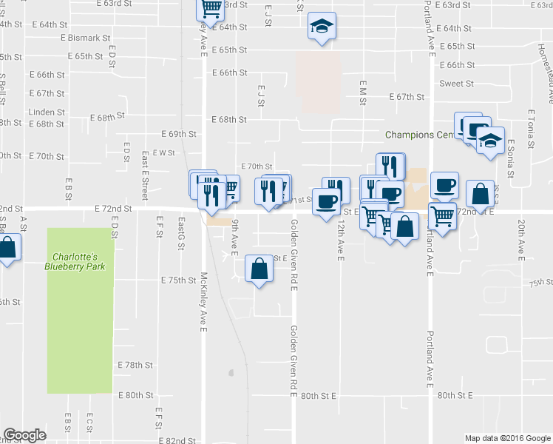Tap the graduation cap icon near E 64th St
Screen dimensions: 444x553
(321, 27)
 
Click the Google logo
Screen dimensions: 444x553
(25, 435)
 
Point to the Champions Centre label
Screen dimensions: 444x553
(418, 135)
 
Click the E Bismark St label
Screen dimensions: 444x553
(86, 37)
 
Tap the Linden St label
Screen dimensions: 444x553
(47, 112)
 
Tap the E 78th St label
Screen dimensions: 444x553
(135, 366)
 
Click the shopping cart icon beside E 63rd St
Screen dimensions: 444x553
(211, 8)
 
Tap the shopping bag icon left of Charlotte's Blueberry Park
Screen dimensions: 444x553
(7, 249)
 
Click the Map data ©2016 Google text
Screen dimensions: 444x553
(506, 438)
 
